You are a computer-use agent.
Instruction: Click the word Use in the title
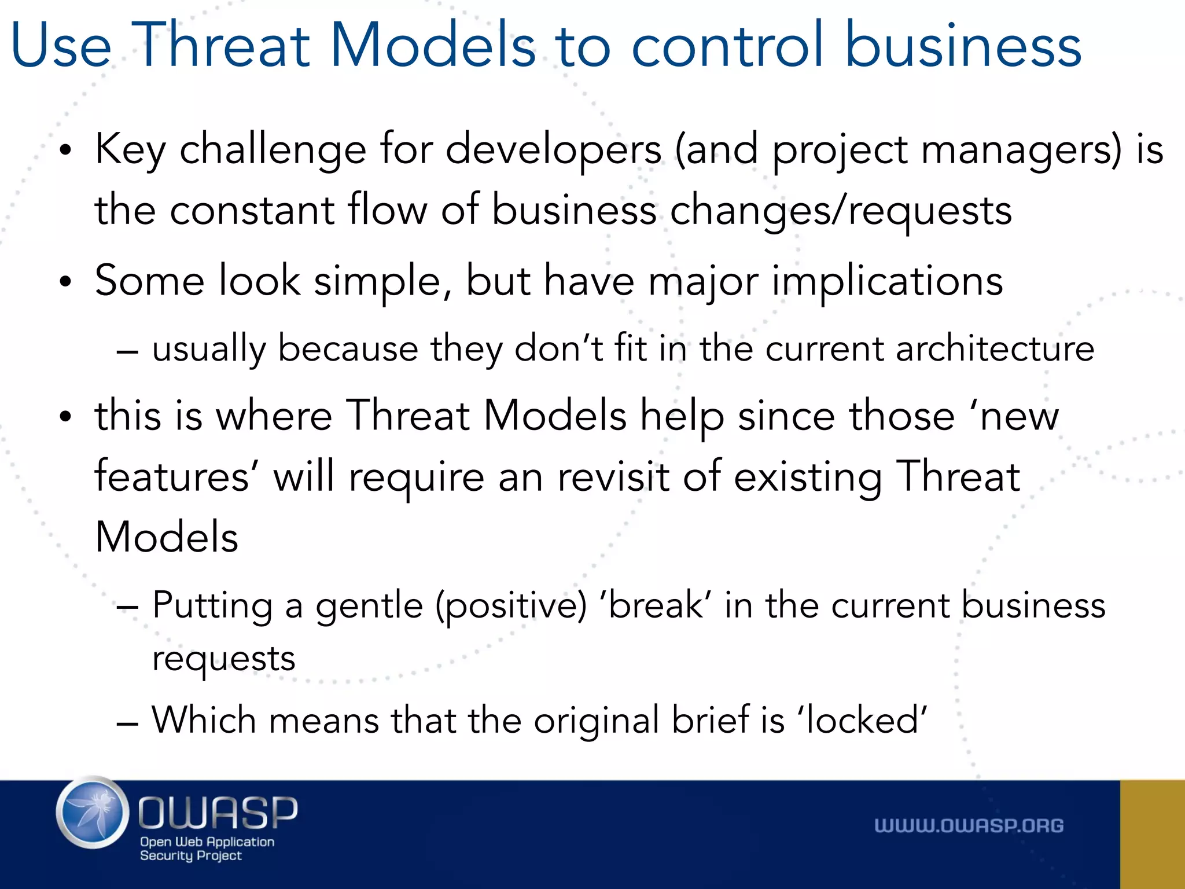click(x=61, y=45)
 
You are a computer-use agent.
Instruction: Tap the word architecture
click(x=995, y=350)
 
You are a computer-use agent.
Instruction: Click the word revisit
click(x=613, y=478)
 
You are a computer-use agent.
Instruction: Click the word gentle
click(x=369, y=607)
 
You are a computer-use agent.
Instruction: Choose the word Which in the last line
click(x=204, y=721)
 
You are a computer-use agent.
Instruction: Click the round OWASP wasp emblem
click(x=93, y=813)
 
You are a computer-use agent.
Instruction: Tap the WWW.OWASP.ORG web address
click(x=969, y=826)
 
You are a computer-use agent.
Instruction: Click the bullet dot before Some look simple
click(x=66, y=282)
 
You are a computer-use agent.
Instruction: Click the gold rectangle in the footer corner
click(x=1152, y=834)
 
